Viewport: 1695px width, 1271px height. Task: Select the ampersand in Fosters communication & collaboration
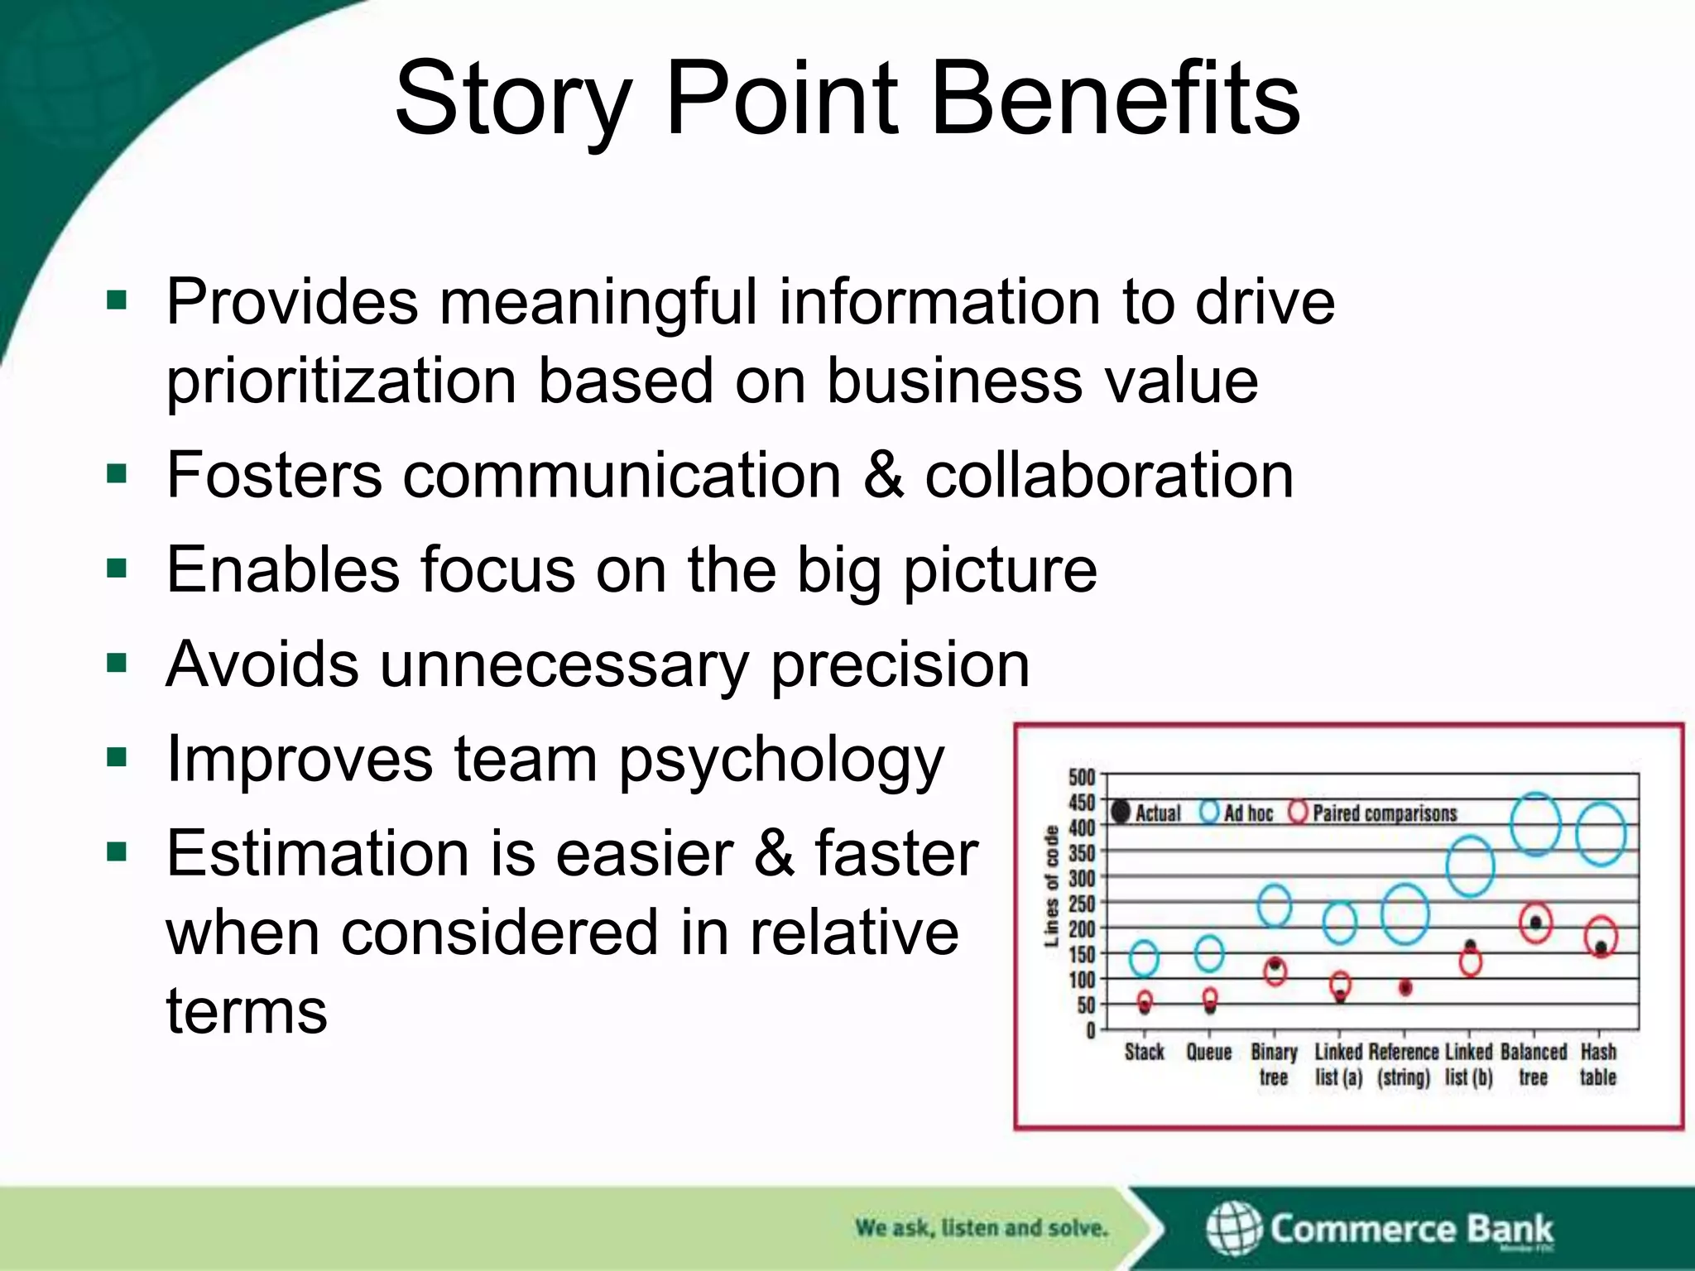[882, 475]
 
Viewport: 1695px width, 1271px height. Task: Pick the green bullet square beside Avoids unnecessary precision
[117, 664]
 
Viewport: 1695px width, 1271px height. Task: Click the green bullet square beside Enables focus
[117, 568]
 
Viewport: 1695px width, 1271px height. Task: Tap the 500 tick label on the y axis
[1081, 777]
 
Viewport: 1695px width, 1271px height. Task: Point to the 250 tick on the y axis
[1081, 904]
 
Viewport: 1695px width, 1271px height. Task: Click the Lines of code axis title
[1051, 885]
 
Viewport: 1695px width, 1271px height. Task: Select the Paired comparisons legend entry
[1374, 813]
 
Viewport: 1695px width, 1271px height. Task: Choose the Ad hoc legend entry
[1237, 813]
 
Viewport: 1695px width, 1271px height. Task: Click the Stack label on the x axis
[1144, 1053]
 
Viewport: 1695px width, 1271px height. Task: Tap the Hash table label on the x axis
[1598, 1064]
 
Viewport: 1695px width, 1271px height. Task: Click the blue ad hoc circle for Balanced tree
[1535, 824]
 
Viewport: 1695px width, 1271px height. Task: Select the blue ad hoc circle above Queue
[1209, 953]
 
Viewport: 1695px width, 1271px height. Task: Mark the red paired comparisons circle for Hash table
[1601, 937]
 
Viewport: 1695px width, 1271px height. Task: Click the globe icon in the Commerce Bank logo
[1234, 1229]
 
